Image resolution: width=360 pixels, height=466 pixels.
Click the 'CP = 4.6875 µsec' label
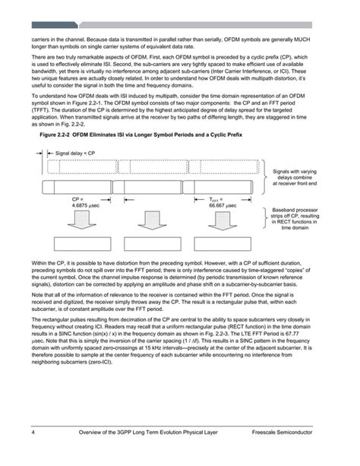click(73, 202)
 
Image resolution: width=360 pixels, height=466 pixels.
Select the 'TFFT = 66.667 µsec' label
click(223, 202)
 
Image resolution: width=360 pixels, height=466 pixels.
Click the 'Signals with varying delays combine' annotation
click(294, 177)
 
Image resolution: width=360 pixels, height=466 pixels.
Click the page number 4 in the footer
click(33, 454)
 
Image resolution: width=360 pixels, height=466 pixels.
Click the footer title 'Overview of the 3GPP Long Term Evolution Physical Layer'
click(159, 454)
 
